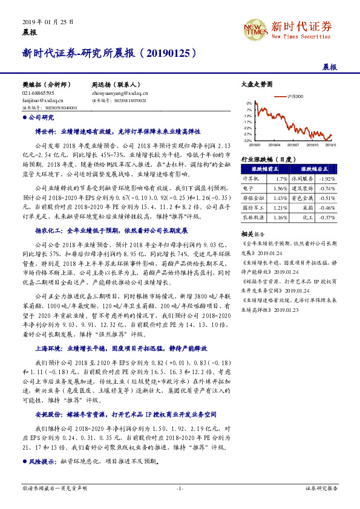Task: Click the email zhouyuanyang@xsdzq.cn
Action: [120, 94]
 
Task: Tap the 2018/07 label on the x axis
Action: [293, 145]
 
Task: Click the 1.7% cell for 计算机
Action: [281, 179]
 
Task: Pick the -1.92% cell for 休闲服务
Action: [327, 179]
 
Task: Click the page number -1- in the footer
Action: [180, 488]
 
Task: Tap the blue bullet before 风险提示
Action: [24, 461]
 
